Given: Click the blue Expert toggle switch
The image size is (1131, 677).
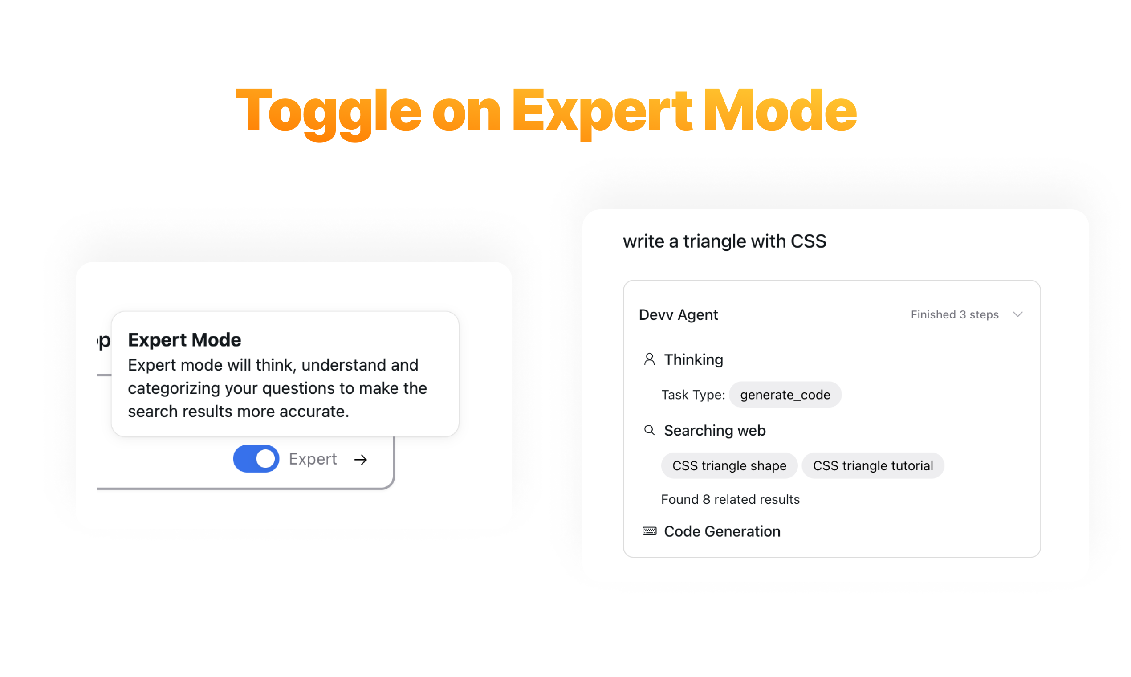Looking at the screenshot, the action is pos(256,458).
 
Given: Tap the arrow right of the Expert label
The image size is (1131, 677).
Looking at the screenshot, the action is pos(360,459).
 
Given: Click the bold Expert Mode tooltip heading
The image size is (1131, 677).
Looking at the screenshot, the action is pos(184,340).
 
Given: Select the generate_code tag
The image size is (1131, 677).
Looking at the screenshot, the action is pos(785,395).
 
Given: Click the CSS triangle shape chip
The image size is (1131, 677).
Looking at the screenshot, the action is pos(729,465).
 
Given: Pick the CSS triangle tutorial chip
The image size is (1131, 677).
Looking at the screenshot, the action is pos(873,465).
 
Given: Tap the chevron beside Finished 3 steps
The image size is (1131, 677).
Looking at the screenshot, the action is pos(1017,314).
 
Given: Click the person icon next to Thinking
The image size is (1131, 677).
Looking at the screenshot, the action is pos(649,359).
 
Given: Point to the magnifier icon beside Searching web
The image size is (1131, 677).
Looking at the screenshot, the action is pos(649,430).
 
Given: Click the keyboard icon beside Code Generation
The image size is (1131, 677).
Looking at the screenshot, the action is pos(649,531).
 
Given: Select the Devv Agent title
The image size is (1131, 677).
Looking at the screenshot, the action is pos(678,314).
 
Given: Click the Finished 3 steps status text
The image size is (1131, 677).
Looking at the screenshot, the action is pos(955,314).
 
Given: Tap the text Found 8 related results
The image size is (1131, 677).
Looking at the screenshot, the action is pos(730,499).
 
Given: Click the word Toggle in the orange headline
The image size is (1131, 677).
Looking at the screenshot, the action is pos(328,112).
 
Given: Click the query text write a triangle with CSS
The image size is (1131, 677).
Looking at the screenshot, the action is pos(724,241).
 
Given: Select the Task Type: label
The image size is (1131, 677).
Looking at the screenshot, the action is pos(693,395).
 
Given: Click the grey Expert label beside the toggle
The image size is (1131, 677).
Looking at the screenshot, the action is pos(313,459).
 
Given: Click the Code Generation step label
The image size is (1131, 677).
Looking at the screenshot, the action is pos(722,531).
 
